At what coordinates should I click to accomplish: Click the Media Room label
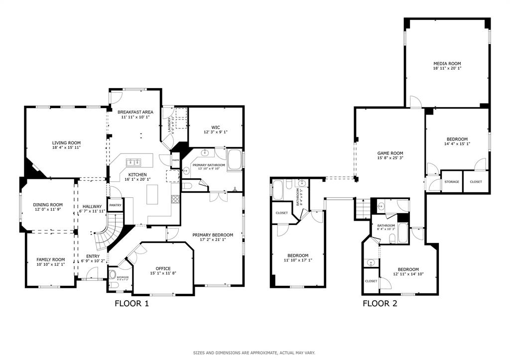coord(447,64)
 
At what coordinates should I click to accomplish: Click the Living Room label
coord(66,143)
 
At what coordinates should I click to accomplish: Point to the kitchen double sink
coord(133,162)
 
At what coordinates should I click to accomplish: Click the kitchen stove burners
coord(175,199)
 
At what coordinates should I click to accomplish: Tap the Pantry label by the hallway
coord(115,205)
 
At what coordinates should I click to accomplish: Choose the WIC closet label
coord(216,126)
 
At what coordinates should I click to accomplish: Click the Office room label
coord(163,268)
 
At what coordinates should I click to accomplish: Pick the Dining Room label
coord(48,205)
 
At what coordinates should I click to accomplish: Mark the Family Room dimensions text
coord(50,264)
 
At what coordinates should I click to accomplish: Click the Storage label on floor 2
coord(452,182)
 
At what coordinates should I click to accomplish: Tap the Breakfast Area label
coord(135,112)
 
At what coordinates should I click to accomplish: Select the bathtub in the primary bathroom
coord(234,161)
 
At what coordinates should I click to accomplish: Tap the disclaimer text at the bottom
coord(254,353)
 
